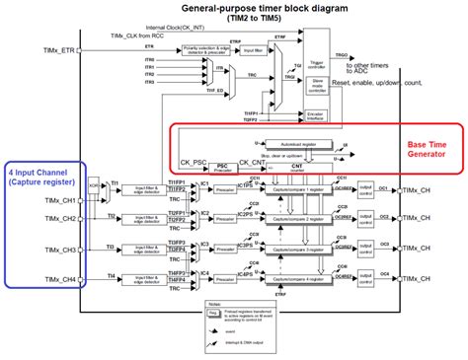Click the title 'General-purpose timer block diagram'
(x=235, y=8)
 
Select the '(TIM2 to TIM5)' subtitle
(x=235, y=20)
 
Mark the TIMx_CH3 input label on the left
(x=53, y=250)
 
